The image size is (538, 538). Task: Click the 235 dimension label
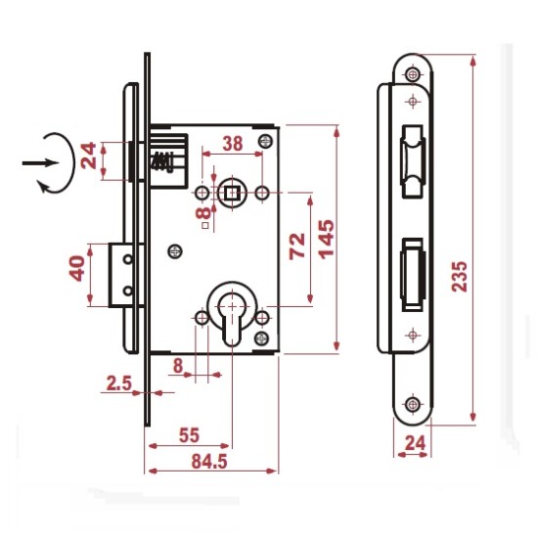click(x=460, y=277)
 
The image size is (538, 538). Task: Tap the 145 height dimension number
click(x=326, y=239)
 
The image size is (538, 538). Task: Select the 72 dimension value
click(x=296, y=246)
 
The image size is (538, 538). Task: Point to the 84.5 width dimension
click(x=209, y=462)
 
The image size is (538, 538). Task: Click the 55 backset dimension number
click(x=189, y=435)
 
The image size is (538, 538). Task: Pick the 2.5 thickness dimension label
click(x=119, y=383)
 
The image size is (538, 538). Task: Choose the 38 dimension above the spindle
click(x=233, y=144)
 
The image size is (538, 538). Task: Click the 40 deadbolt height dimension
click(x=77, y=268)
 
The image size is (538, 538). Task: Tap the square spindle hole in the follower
click(x=232, y=193)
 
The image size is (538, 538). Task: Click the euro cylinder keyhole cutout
click(x=232, y=316)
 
